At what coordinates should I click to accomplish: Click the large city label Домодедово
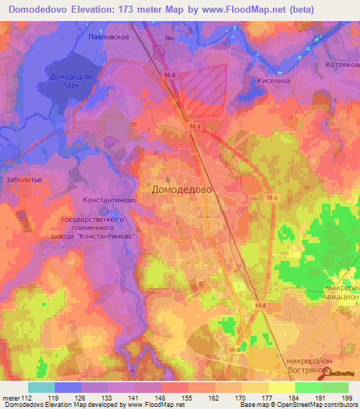[181, 190]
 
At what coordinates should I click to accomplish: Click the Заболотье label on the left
[24, 180]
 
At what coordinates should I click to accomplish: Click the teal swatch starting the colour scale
[41, 387]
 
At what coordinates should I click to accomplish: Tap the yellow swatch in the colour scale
[282, 387]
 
